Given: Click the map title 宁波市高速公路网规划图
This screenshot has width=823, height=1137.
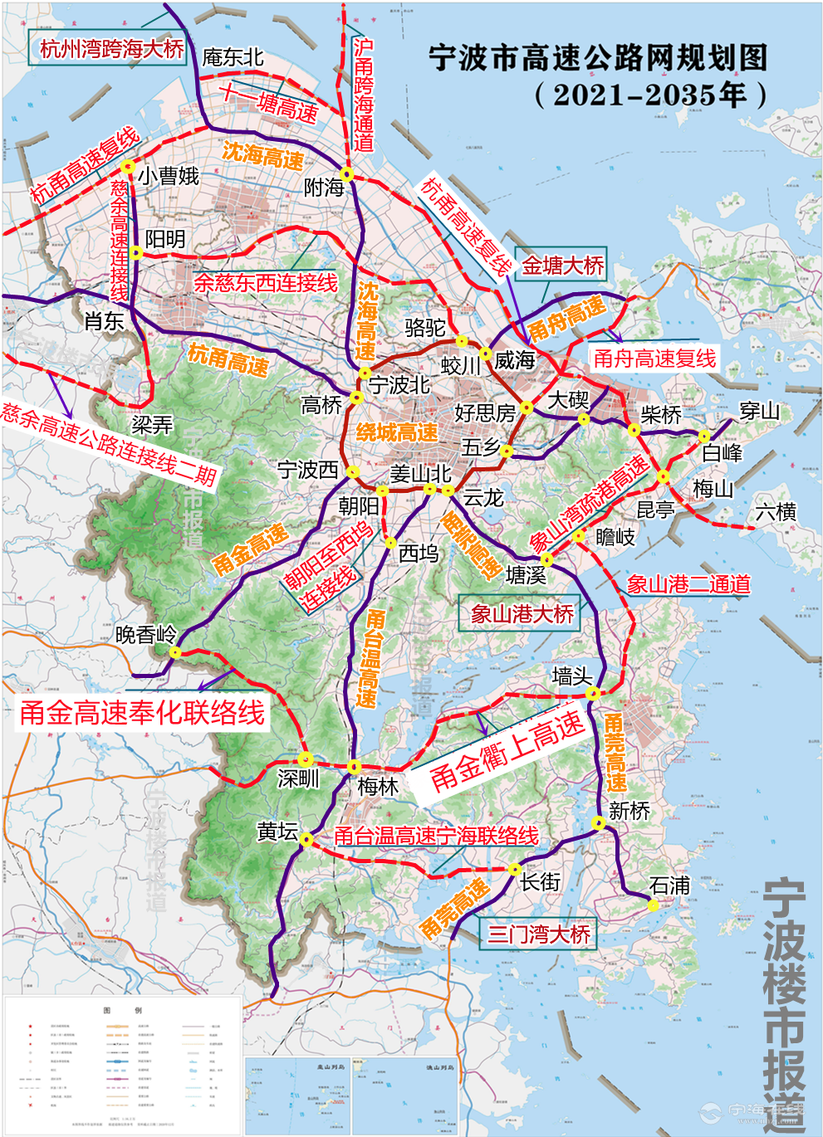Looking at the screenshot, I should [598, 58].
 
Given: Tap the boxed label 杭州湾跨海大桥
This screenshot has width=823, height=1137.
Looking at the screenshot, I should [111, 49].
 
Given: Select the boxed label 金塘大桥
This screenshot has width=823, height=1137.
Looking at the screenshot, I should [562, 266].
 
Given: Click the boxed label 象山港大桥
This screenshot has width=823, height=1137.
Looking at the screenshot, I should [522, 614].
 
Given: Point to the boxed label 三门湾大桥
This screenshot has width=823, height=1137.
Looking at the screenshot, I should [538, 934].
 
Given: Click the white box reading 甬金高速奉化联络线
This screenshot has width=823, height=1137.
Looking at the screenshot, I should [142, 712].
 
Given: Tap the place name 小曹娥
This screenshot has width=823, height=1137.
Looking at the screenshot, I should [169, 176].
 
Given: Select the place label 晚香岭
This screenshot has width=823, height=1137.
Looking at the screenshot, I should [146, 635].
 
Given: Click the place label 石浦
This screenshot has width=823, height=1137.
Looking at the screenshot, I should [669, 886].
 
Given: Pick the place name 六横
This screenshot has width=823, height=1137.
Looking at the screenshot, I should [776, 512].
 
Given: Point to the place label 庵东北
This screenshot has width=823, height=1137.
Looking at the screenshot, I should [233, 57].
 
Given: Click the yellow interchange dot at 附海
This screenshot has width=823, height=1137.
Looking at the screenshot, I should [348, 175].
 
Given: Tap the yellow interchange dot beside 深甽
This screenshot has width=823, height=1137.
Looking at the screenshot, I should [306, 759].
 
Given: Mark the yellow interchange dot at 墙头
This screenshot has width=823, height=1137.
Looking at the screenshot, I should [593, 693].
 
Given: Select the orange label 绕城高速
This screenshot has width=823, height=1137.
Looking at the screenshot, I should [396, 432].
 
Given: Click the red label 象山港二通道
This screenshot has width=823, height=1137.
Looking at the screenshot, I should [688, 584].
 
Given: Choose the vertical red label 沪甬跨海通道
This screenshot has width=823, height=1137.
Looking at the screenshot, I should [364, 95].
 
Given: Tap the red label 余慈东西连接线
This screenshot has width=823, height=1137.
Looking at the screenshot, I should [266, 282].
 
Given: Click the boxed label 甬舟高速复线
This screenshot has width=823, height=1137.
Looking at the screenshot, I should [654, 359].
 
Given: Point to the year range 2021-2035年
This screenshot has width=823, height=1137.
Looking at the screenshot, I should [650, 95].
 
